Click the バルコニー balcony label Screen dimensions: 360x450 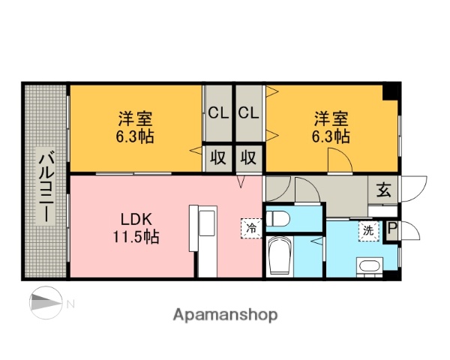coord(46,184)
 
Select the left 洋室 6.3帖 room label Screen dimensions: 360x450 coord(135,127)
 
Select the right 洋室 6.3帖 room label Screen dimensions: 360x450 coord(331,127)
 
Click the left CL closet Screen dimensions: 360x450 coord(218,113)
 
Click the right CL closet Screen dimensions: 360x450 coord(249,113)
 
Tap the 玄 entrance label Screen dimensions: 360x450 coord(383,190)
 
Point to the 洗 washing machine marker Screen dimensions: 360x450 coord(369,230)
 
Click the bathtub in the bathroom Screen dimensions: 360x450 coord(280,257)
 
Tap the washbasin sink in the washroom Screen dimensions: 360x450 coord(369,266)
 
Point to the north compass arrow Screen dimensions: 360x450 coord(46,304)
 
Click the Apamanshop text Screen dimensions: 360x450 coord(226,315)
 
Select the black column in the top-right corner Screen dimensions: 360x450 coord(391,93)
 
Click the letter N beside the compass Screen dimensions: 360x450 coord(71,304)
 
